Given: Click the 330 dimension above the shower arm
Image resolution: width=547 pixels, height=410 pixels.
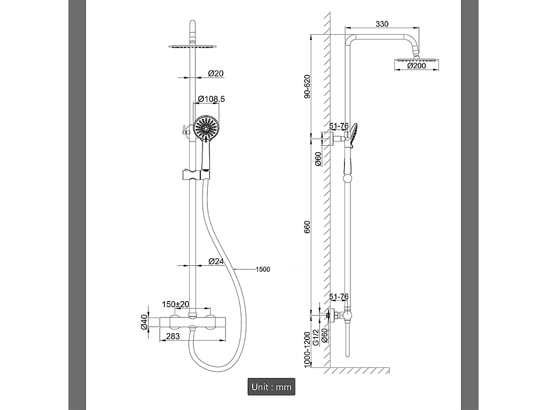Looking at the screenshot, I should tap(381, 24).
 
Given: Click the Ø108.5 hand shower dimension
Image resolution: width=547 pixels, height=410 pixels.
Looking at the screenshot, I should tap(211, 99).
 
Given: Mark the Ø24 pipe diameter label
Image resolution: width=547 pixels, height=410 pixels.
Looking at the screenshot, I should tap(215, 261).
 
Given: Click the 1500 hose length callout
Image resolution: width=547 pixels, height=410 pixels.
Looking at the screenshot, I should tap(263, 269).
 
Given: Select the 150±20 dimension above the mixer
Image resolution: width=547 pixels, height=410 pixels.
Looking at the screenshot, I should tap(175, 304).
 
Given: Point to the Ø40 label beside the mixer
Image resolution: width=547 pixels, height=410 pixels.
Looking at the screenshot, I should tap(144, 322).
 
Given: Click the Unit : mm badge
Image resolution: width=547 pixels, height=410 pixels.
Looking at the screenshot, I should tap(271, 387).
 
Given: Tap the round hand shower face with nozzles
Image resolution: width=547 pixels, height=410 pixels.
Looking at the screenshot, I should tap(206, 128).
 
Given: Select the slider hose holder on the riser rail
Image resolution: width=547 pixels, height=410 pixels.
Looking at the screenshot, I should tap(196, 175).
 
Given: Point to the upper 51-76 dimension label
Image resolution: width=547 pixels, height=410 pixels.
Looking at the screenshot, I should tap(339, 126).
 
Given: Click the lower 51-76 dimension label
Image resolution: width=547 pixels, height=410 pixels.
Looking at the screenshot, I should tap(339, 296).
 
